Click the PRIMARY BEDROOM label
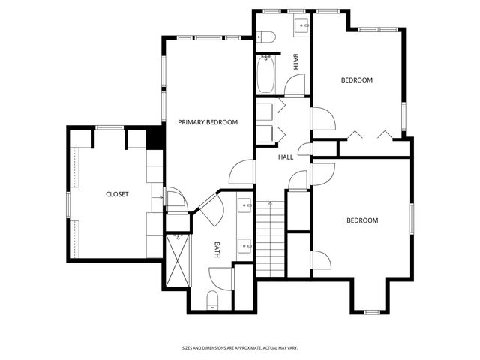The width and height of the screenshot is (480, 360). point(208,122)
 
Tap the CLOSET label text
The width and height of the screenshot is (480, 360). point(117,194)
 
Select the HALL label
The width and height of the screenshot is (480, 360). point(286,157)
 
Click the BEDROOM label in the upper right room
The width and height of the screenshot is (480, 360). point(357,79)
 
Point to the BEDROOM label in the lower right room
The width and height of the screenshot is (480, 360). point(362,220)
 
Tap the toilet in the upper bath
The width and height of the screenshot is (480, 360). point(264,37)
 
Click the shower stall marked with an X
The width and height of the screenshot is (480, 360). point(178,260)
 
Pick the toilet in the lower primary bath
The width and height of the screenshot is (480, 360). point(212,299)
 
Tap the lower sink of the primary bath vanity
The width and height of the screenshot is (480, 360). point(245,243)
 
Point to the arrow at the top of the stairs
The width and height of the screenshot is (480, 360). point(271,203)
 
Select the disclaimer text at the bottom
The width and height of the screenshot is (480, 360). point(239,348)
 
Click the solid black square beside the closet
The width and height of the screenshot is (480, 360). point(154,139)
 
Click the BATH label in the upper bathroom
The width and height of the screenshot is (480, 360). point(297,61)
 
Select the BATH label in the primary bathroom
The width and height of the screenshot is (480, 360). point(217,250)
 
